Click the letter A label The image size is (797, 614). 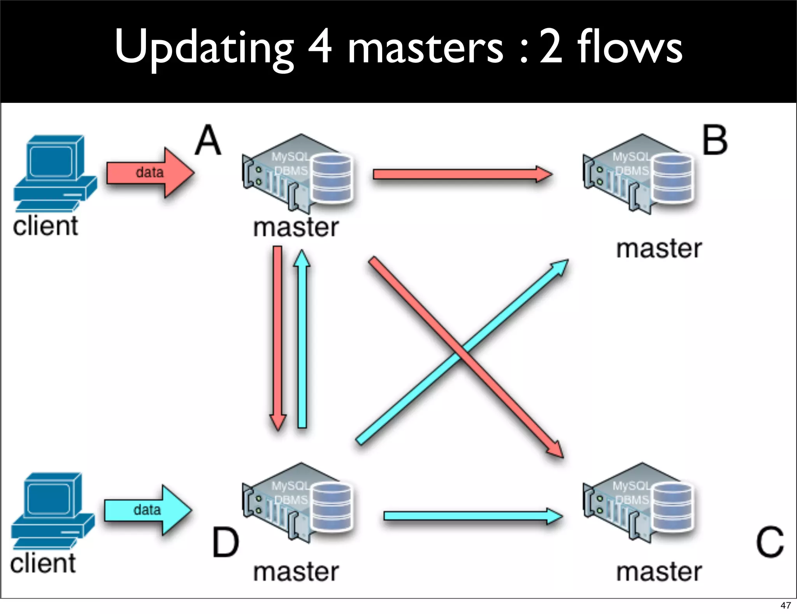pos(208,140)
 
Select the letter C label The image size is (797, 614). pos(769,542)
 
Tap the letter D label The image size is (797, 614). pos(225,542)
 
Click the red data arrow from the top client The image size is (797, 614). pos(150,173)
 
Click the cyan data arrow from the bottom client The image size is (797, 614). pos(148,510)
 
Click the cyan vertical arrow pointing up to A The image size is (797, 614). pos(302,339)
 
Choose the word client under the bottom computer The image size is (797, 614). pos(43,563)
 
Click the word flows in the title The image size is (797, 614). pos(629,48)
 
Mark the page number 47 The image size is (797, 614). pos(785,605)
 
